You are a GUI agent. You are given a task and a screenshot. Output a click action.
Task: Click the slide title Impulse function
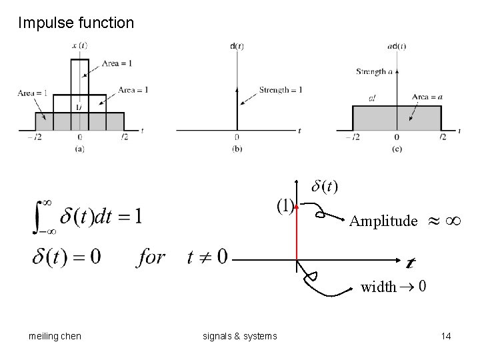click(x=76, y=23)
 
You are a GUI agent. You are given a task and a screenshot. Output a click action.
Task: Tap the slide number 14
click(x=446, y=336)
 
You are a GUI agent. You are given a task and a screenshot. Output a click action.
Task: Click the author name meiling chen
click(x=55, y=336)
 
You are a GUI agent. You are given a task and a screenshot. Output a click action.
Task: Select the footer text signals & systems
click(x=240, y=336)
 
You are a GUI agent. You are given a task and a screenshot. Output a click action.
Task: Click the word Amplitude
click(x=384, y=221)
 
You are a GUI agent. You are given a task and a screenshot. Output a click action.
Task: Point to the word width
click(x=378, y=287)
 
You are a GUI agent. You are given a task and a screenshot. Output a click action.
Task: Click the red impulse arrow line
click(x=297, y=233)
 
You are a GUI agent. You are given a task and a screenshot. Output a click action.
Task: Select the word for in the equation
click(x=151, y=256)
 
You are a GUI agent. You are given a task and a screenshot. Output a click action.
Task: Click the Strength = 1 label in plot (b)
click(x=281, y=90)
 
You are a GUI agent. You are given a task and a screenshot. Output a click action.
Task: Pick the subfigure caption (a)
click(x=80, y=148)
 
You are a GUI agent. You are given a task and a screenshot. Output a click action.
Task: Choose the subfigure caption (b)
click(x=237, y=148)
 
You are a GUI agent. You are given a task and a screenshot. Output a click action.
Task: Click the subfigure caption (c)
click(x=397, y=148)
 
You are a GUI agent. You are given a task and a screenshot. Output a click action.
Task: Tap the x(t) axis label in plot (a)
click(x=79, y=45)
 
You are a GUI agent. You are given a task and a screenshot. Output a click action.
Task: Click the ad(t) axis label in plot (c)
click(x=397, y=45)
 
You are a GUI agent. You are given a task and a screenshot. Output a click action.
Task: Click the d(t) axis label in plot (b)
click(x=237, y=45)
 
